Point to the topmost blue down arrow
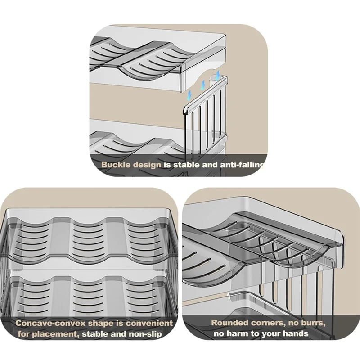tap(217, 74)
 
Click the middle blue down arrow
tap(202, 85)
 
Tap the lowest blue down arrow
tap(189, 95)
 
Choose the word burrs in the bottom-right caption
tap(313, 323)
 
